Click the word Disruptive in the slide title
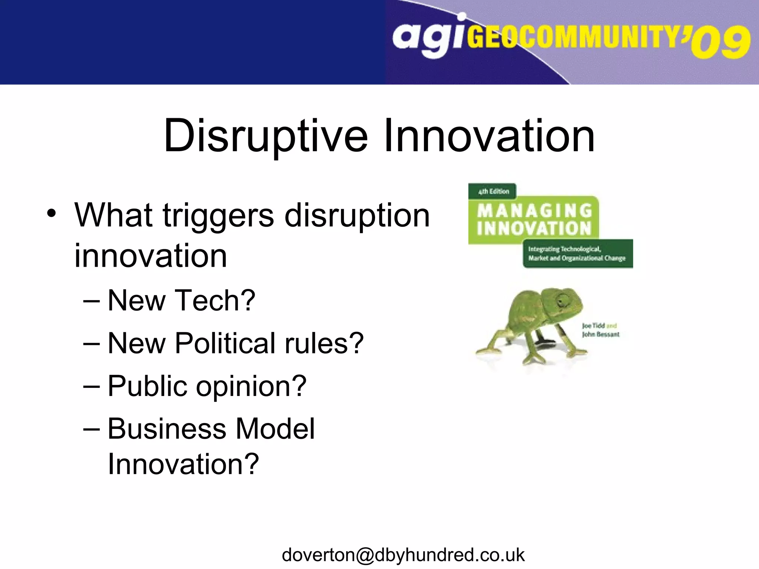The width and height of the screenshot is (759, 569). click(265, 136)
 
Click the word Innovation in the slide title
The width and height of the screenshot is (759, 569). click(489, 136)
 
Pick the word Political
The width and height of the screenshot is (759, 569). click(225, 343)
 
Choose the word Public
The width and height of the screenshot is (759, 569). click(147, 386)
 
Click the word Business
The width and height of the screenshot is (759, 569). click(167, 429)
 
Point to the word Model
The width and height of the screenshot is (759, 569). click(275, 429)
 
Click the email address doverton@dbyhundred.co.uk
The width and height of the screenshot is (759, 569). click(403, 555)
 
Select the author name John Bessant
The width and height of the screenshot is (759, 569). click(601, 334)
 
